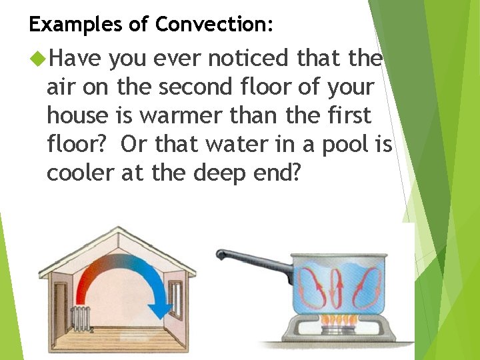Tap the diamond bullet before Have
point(38,59)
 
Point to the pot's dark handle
point(253,261)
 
